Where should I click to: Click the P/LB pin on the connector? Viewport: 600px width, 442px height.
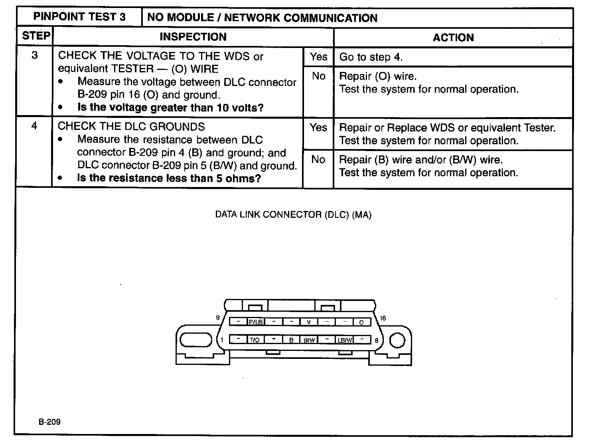click(x=256, y=322)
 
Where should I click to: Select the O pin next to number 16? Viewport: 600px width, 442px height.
click(x=361, y=322)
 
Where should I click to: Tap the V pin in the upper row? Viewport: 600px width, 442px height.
click(x=309, y=322)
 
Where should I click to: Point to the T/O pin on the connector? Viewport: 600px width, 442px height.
click(x=255, y=340)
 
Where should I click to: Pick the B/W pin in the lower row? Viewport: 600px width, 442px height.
click(x=309, y=340)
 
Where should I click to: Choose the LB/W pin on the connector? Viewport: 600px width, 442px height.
click(x=345, y=340)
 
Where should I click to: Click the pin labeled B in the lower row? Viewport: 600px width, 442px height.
click(x=291, y=340)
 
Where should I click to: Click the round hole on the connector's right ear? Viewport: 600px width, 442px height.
click(x=397, y=340)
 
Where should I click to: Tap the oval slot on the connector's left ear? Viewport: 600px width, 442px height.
click(x=196, y=340)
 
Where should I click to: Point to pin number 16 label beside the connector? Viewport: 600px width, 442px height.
click(x=383, y=318)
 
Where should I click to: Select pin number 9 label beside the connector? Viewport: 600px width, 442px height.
click(x=218, y=318)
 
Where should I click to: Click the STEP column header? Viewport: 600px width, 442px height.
click(x=36, y=36)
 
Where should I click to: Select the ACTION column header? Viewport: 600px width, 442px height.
click(x=453, y=38)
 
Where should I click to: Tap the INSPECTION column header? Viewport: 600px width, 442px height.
click(x=193, y=37)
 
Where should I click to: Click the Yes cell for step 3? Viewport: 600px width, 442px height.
click(x=318, y=57)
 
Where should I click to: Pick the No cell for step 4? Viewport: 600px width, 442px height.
click(x=318, y=160)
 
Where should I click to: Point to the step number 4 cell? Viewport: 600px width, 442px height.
click(x=34, y=126)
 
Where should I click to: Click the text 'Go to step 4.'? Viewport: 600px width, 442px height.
click(x=371, y=57)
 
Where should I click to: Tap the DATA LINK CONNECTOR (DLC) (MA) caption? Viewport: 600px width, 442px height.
click(x=293, y=215)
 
